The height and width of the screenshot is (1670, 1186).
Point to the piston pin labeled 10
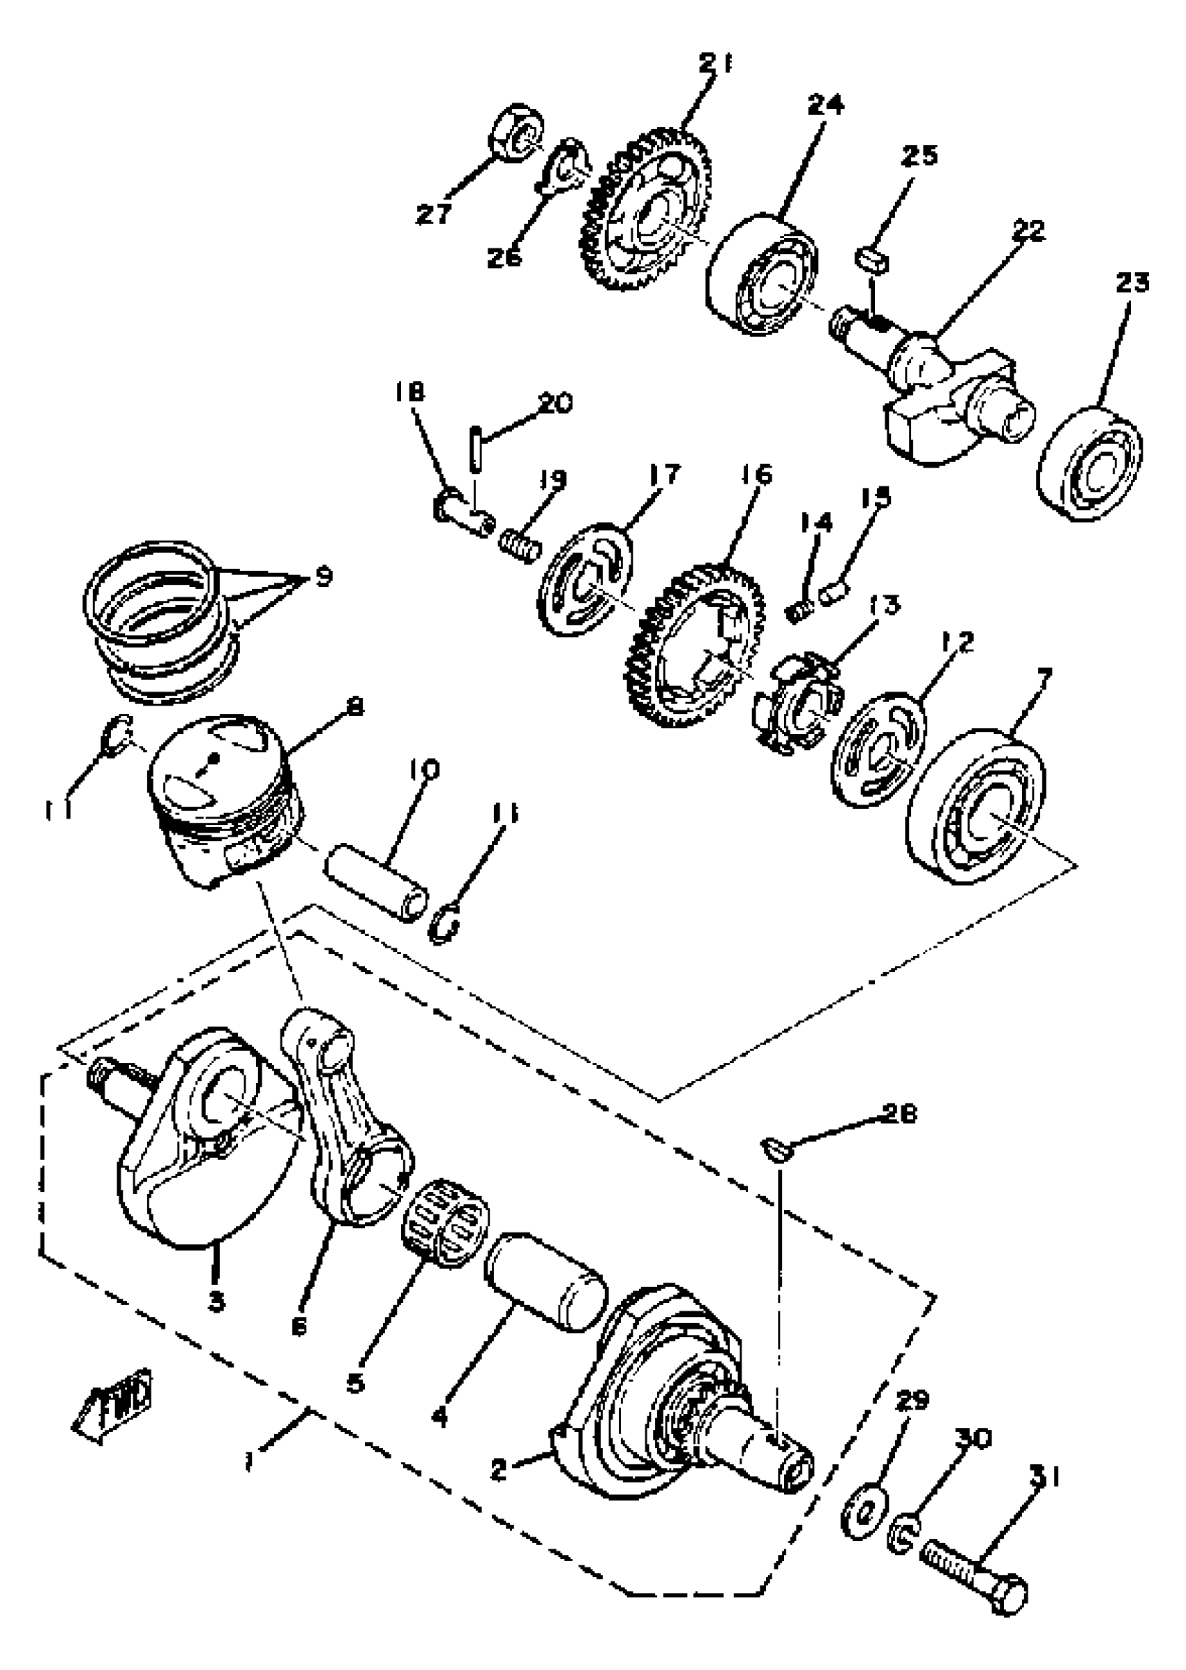pos(377,881)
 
